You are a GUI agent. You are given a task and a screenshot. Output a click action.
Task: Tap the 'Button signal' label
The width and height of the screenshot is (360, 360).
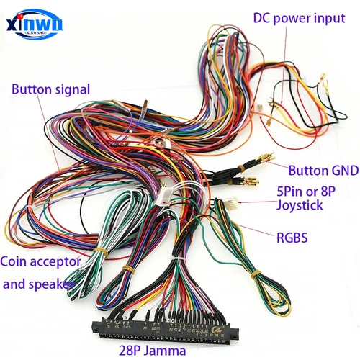50,89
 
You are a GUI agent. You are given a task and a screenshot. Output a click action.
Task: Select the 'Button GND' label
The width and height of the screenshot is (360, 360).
320,171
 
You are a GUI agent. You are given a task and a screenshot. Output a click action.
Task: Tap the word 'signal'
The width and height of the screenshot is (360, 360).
73,89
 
